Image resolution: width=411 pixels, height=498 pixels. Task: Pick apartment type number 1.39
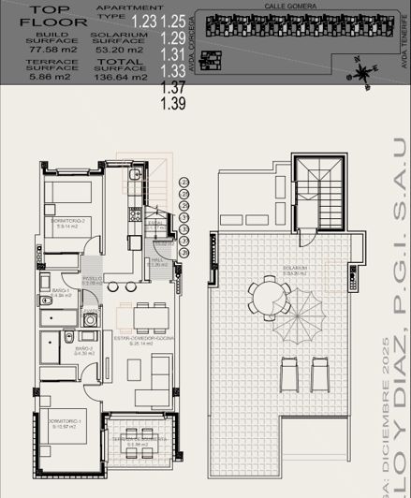coord(173,103)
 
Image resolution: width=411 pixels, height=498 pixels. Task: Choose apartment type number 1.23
coord(144,21)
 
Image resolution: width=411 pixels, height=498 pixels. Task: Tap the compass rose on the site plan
coord(359,68)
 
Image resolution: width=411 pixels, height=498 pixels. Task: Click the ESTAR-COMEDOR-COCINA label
coord(140,340)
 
